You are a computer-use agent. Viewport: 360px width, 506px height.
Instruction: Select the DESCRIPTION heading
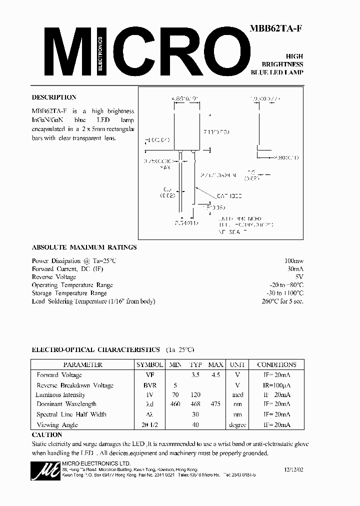(54, 97)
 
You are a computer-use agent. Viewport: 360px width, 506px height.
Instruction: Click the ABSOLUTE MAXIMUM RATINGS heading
(84, 247)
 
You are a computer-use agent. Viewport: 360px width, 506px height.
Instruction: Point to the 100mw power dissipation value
(293, 261)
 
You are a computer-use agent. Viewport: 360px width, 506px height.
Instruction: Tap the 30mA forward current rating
(294, 269)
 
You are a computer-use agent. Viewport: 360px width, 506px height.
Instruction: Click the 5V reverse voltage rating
(298, 277)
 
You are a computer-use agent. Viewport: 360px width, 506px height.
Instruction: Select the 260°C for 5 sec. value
(282, 301)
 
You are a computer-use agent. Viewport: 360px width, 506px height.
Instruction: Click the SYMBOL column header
(149, 364)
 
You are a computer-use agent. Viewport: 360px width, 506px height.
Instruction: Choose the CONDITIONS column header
(276, 364)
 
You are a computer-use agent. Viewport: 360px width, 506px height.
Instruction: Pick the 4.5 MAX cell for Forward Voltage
(215, 375)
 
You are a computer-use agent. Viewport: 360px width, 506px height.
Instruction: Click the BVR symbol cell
(149, 385)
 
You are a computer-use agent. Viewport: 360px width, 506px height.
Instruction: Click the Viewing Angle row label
(54, 425)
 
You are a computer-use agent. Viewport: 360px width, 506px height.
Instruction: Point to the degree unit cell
(237, 425)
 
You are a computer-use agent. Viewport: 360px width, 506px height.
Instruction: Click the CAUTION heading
(46, 435)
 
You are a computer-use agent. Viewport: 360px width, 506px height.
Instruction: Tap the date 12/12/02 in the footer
(293, 470)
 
